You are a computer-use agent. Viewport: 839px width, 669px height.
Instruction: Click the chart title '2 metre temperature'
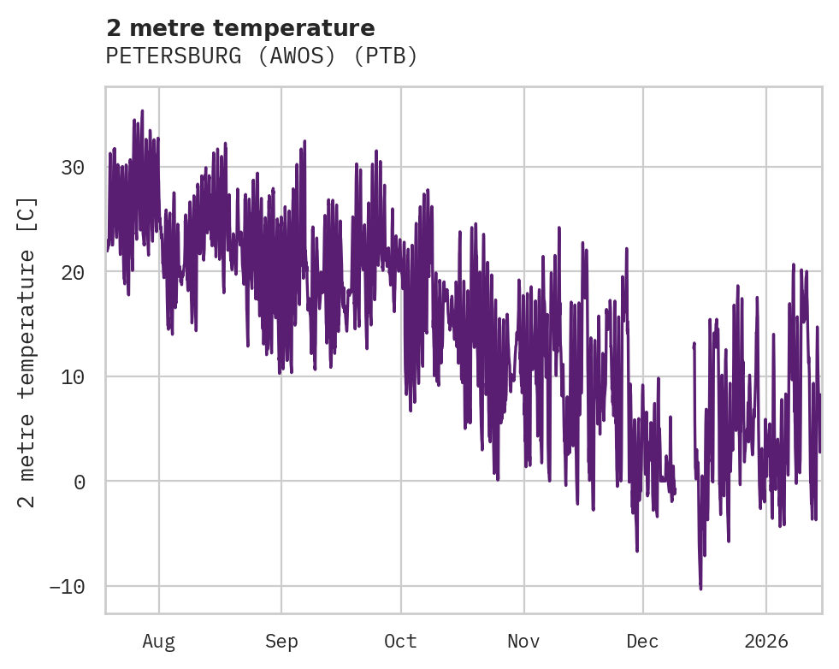pos(240,28)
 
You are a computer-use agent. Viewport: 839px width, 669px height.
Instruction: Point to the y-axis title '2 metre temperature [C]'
pos(28,352)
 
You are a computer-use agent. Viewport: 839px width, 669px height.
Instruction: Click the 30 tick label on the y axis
pos(73,168)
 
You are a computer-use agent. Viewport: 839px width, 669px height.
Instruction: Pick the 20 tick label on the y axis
pos(73,272)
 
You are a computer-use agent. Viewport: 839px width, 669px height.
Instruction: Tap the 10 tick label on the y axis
pos(73,376)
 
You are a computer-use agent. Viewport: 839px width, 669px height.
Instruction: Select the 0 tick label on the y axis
pos(79,482)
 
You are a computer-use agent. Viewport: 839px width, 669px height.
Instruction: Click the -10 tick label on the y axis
pos(67,587)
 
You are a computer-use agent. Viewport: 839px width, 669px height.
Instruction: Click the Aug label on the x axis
pos(158,642)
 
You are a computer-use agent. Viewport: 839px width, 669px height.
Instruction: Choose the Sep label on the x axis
pos(281,642)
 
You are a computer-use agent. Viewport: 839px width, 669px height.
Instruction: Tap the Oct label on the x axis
pos(400,642)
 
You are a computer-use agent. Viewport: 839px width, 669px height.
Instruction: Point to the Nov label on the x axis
pos(523,642)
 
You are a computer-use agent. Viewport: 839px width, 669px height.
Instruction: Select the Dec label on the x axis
pos(642,642)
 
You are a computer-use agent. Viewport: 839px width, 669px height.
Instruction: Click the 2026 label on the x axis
pos(766,642)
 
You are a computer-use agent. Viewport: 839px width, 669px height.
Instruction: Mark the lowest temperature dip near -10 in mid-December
pos(700,589)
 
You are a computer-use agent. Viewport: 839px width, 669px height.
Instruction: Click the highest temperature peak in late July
pos(142,111)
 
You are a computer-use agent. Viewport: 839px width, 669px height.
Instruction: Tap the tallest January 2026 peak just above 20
pos(794,264)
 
